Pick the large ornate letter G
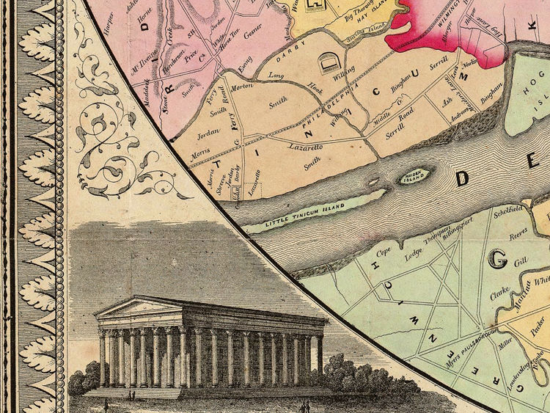pyautogui.click(x=499, y=257)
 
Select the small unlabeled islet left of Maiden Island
pyautogui.click(x=373, y=181)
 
